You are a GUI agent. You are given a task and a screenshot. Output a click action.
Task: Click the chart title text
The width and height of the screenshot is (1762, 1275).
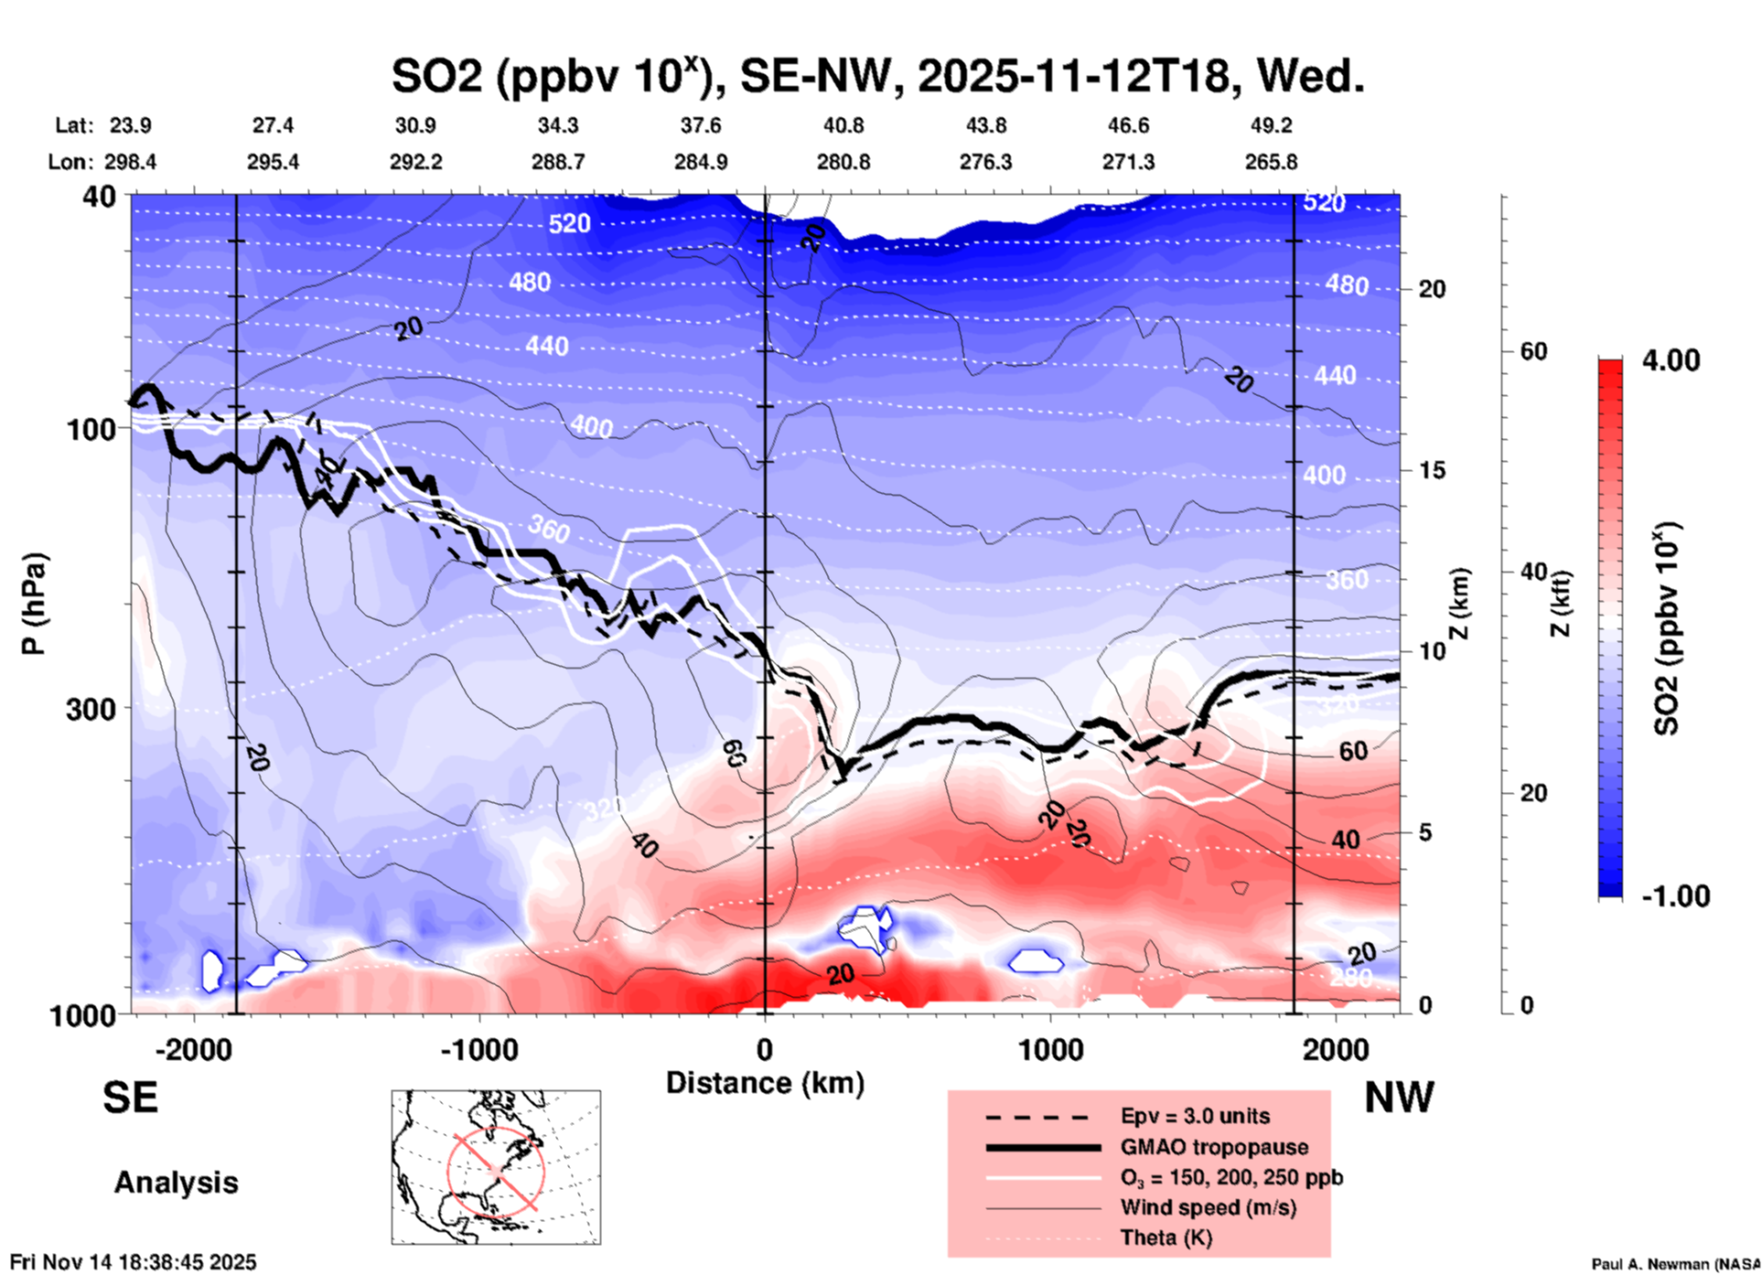tap(877, 76)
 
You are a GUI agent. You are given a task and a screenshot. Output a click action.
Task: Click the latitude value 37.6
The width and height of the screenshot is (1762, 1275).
tap(701, 125)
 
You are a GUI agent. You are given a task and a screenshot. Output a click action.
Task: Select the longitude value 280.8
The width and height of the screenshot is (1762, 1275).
tap(843, 163)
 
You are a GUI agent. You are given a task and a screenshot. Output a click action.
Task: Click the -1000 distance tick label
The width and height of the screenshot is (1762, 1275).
tap(478, 1050)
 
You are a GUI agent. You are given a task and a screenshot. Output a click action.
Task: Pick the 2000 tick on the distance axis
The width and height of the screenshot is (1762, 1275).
tap(1336, 1050)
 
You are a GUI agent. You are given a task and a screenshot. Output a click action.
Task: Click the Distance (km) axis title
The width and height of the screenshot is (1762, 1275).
tap(765, 1083)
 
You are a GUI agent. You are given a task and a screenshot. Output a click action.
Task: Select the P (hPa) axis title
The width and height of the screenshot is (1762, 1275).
tap(34, 604)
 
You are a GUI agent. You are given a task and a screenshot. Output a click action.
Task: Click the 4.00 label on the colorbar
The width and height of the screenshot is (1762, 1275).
tap(1671, 360)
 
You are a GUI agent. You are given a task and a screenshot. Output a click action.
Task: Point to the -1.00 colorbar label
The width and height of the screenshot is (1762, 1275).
tap(1675, 896)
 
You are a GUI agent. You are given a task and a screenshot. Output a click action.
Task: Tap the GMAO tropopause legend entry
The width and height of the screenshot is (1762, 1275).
tap(1214, 1147)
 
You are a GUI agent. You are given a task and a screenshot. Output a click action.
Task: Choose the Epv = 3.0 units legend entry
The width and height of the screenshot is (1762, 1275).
tap(1195, 1117)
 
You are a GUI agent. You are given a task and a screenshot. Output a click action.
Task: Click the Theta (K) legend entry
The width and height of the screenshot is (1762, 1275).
tap(1166, 1238)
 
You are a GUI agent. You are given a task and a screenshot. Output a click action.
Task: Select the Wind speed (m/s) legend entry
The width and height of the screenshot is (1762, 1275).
tap(1208, 1208)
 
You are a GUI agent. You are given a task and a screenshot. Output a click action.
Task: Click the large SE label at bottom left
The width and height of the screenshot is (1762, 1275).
tap(131, 1098)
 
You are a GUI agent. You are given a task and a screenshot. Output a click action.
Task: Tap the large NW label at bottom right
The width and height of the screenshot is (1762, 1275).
tap(1399, 1098)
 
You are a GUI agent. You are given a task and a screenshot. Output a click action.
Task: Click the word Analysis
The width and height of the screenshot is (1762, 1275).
tap(176, 1183)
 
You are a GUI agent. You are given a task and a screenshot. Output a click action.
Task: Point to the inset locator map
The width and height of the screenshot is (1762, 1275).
tap(496, 1167)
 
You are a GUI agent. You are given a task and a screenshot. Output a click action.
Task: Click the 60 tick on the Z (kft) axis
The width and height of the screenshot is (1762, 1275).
tap(1533, 351)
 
